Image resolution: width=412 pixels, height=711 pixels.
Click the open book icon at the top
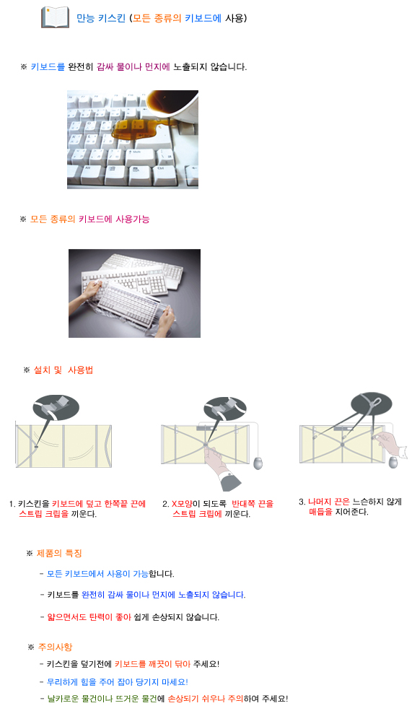[55, 17]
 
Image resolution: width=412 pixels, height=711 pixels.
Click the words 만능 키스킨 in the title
[100, 18]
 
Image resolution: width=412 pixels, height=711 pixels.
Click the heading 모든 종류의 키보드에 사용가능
[89, 219]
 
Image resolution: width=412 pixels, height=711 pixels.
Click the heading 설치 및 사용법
[63, 370]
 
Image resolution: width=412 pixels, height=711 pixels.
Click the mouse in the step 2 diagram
[258, 463]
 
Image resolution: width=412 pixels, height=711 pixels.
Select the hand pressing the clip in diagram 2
[222, 467]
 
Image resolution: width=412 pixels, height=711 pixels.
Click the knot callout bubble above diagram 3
[372, 403]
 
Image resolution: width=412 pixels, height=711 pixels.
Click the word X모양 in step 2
[182, 504]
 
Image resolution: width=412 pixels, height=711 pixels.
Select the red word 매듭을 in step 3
[320, 512]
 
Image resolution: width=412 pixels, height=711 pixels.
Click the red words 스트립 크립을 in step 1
[43, 514]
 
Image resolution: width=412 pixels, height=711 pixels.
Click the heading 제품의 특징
[59, 553]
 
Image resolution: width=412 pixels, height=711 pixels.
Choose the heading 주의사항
[55, 647]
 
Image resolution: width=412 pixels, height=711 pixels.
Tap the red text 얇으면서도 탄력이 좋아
[89, 617]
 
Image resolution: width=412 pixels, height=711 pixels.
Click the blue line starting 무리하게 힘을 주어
[117, 682]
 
